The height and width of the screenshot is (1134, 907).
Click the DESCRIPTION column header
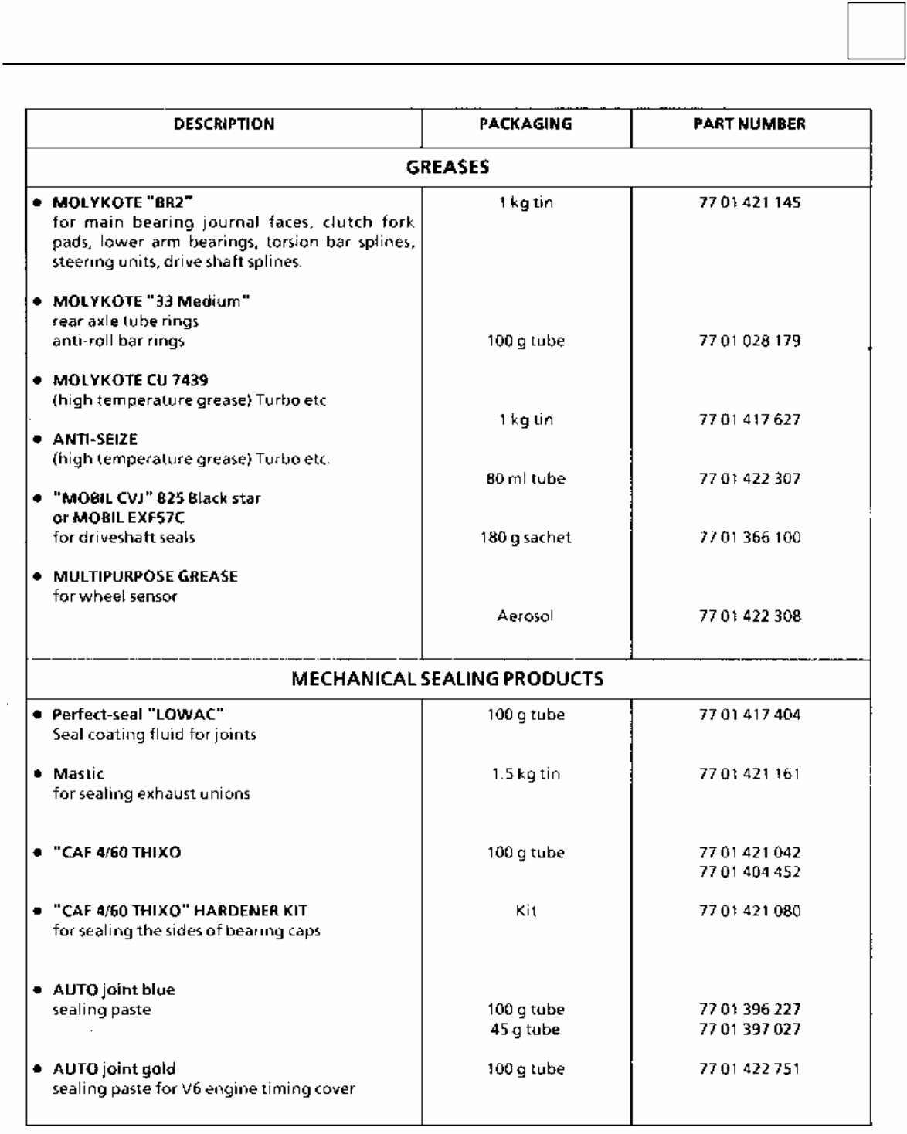[x=224, y=124]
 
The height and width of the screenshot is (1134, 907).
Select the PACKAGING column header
[x=525, y=124]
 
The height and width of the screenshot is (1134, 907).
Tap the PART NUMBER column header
[x=749, y=124]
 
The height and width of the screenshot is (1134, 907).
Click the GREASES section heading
[x=447, y=167]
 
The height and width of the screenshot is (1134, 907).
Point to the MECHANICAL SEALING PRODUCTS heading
[x=447, y=679]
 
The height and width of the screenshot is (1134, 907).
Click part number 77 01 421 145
[x=749, y=203]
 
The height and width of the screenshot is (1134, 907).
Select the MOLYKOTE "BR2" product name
[x=122, y=203]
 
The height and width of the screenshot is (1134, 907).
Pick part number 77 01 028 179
[x=749, y=341]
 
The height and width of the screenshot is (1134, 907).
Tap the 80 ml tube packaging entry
[x=525, y=479]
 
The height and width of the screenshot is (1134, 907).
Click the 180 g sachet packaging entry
[x=525, y=538]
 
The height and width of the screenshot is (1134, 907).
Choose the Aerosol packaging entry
[x=525, y=616]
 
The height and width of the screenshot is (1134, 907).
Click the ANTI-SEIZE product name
[x=95, y=440]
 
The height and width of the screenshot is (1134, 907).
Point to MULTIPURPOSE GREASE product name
[x=145, y=577]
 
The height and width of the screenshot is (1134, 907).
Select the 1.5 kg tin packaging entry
[x=525, y=774]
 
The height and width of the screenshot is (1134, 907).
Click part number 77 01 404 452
[x=749, y=872]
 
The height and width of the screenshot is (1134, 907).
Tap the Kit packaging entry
[x=525, y=912]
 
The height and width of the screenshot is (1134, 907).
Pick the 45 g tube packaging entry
[x=525, y=1030]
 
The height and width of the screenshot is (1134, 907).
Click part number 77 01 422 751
[x=749, y=1069]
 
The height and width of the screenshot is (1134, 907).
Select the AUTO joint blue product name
[x=114, y=990]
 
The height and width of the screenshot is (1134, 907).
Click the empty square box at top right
[x=875, y=31]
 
